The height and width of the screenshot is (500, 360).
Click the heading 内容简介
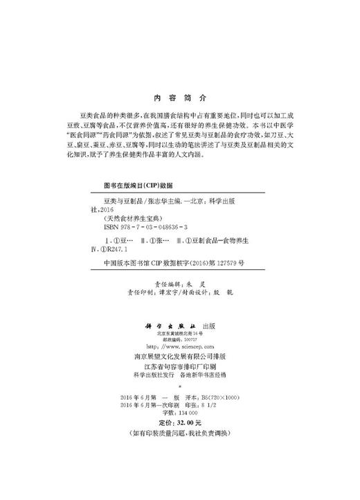point(179,99)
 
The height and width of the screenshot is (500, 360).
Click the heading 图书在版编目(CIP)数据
point(137,186)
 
